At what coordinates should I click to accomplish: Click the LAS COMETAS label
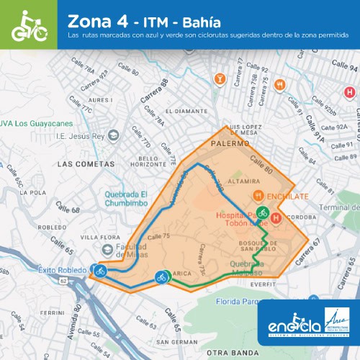86,164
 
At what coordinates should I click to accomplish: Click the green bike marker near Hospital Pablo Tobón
264,213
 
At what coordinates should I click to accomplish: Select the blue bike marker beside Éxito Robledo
100,271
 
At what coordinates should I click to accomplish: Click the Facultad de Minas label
138,248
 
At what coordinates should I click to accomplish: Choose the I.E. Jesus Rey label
80,135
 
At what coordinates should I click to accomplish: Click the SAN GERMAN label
171,341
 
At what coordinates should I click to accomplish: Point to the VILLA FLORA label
99,236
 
